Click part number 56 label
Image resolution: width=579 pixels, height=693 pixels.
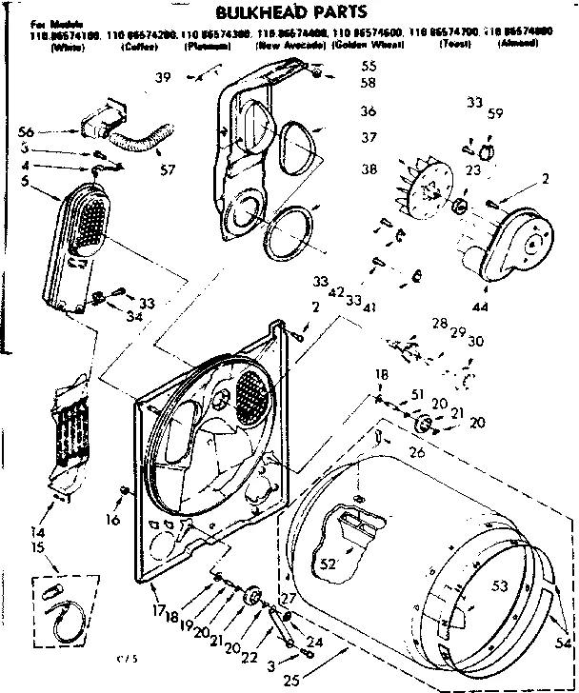click(27, 132)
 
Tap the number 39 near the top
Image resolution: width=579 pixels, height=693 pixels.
click(165, 77)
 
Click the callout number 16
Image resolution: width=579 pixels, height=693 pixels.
click(111, 521)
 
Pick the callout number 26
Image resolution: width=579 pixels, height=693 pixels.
click(416, 452)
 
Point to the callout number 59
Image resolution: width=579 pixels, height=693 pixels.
click(495, 115)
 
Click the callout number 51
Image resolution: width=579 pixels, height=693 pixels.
click(417, 394)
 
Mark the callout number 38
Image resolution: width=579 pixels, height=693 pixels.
click(369, 169)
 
